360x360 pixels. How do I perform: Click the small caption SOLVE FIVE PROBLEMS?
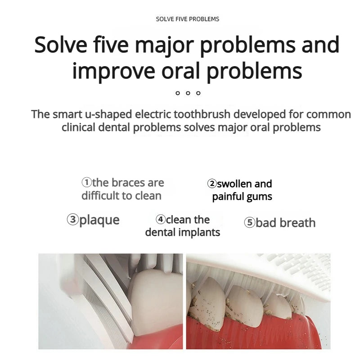pyautogui.click(x=187, y=19)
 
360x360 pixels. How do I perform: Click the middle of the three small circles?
pyautogui.click(x=188, y=93)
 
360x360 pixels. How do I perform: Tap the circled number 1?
pyautogui.click(x=86, y=183)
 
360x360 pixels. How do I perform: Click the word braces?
pyautogui.click(x=127, y=183)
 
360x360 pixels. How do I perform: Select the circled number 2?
pyautogui.click(x=212, y=184)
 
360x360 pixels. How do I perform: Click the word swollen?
pyautogui.click(x=235, y=184)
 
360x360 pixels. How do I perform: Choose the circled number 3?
pyautogui.click(x=73, y=220)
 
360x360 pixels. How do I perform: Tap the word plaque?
pyautogui.click(x=99, y=220)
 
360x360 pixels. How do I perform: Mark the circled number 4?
pyautogui.click(x=161, y=220)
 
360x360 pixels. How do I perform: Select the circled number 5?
pyautogui.click(x=250, y=223)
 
